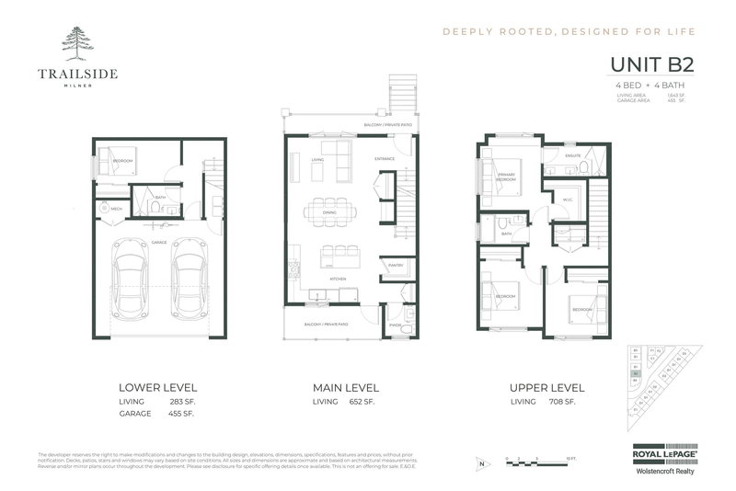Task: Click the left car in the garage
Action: tap(133, 284)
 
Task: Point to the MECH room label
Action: tap(117, 210)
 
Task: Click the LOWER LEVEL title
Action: tap(157, 387)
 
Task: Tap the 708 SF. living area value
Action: tap(563, 403)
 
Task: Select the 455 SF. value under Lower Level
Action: tap(181, 415)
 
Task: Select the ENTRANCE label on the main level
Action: tap(384, 159)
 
